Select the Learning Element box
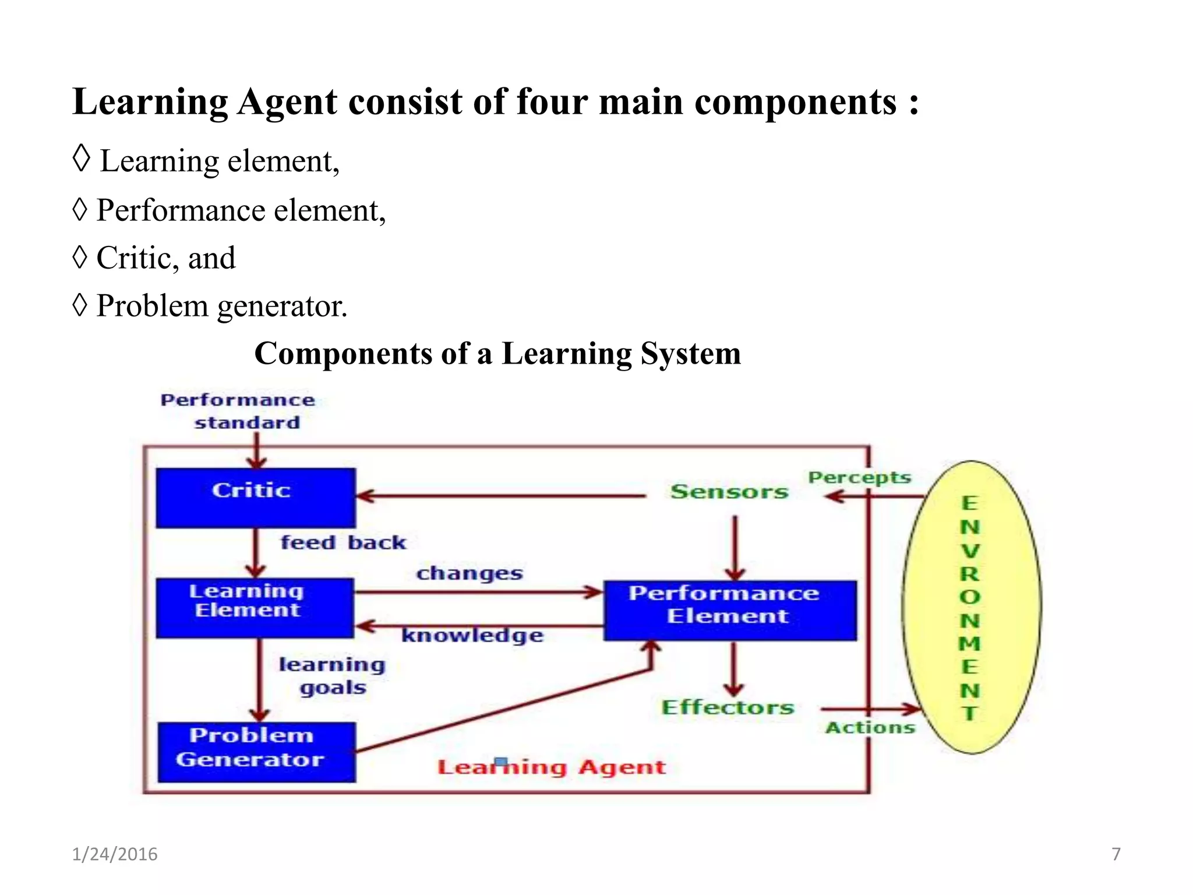pos(255,607)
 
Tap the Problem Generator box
pos(256,751)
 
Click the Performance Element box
pos(729,609)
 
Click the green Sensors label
pos(729,491)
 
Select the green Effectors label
pos(728,707)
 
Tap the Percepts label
pos(859,477)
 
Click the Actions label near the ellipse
pos(870,727)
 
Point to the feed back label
pos(343,542)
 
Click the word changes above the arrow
pos(470,573)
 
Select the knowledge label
pos(472,635)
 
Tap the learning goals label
pos(332,675)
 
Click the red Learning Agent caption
pos(551,767)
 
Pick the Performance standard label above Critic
pos(238,411)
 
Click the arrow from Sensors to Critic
pos(501,496)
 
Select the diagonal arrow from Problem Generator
pos(501,711)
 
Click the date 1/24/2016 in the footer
pos(115,854)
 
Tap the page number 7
pos(1116,854)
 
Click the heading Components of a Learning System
pos(497,353)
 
